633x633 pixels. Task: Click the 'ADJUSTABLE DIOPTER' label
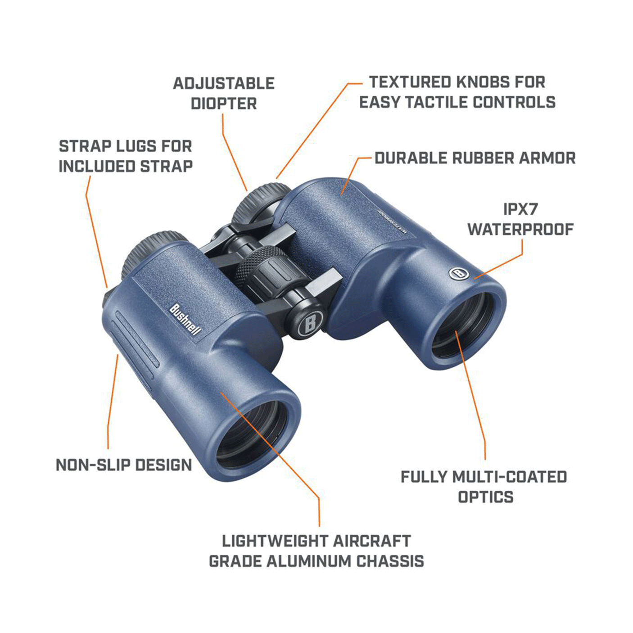pos(224,93)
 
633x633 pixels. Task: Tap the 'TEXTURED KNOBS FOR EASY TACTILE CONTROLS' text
pos(457,92)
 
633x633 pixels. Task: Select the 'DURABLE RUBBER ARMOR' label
pos(475,158)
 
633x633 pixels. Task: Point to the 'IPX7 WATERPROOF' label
pos(520,219)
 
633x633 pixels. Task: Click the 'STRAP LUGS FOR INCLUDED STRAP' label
pos(126,156)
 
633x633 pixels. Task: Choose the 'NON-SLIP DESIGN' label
pos(124,465)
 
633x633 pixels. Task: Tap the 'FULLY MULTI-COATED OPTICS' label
pos(484,487)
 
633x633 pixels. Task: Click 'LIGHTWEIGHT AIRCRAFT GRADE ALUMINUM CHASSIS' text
pos(316,551)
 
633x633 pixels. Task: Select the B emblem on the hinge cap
pos(310,322)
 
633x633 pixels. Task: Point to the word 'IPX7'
pos(520,209)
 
